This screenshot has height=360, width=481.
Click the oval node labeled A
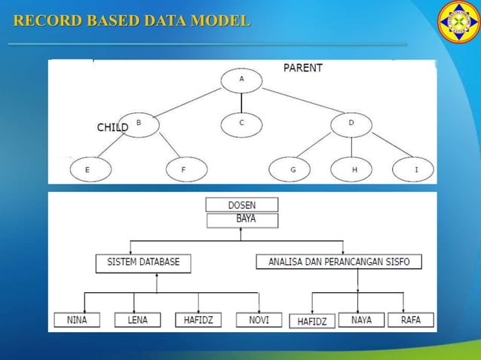[x=241, y=79]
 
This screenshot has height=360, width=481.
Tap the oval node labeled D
[x=351, y=124]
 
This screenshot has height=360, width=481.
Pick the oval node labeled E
[x=87, y=170]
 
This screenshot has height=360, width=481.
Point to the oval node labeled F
[x=183, y=170]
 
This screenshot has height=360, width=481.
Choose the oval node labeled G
[x=293, y=170]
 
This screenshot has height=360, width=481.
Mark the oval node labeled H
[x=354, y=170]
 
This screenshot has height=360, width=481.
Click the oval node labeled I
[x=415, y=170]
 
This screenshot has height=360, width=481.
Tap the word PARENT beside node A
[x=303, y=68]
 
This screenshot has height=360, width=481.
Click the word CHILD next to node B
[x=112, y=128]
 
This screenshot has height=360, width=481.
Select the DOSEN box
[x=241, y=205]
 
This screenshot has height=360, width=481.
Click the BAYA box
[x=241, y=220]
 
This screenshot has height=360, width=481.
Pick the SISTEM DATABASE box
[x=143, y=263]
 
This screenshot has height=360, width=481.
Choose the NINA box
[x=77, y=320]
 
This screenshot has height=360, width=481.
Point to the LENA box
[x=137, y=320]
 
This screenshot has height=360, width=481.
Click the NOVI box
[x=259, y=320]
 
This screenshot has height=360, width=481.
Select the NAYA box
[x=361, y=320]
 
